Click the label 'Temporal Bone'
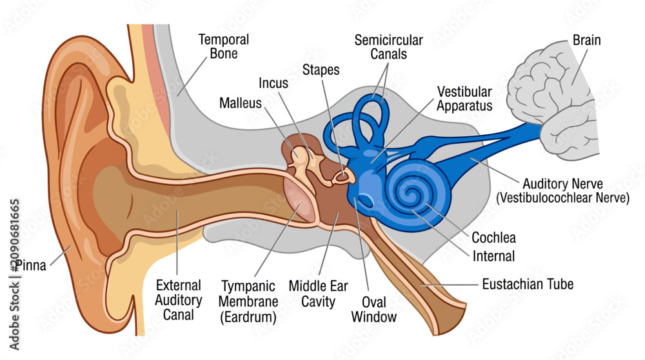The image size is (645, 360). pos(224,46)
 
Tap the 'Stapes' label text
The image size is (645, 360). pos(321,70)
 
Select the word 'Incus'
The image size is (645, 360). pos(273,83)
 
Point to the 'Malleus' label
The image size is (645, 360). pos(240,103)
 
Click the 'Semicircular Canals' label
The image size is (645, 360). pos(389,47)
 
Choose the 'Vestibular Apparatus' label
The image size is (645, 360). pos(464,99)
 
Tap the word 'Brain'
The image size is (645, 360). pos(586,40)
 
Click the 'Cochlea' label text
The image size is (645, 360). pos(493,237)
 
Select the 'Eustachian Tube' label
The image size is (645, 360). pos(528,284)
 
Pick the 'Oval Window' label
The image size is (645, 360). pos(374,310)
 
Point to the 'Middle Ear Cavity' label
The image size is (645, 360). pos(319,294)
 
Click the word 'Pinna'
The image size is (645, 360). pos(31,265)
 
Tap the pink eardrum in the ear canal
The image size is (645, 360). pos(299,201)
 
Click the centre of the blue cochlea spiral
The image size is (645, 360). pos(410,192)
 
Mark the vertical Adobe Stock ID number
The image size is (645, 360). pos(15,235)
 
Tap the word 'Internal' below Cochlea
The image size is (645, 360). pos(493,256)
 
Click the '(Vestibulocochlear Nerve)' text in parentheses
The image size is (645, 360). pos(562,198)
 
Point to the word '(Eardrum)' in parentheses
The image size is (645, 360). pos(248,317)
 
